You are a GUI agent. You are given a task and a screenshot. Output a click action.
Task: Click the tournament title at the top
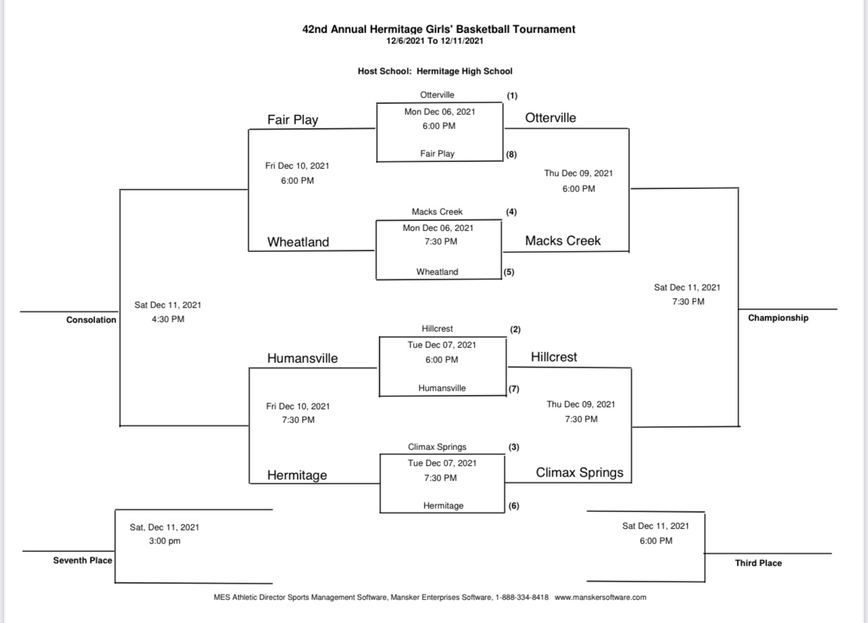tap(439, 29)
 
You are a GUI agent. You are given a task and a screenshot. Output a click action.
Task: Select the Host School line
tap(435, 71)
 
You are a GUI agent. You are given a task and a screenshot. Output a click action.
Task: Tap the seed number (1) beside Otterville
tap(512, 95)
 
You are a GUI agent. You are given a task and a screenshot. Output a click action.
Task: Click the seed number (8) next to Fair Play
tap(512, 154)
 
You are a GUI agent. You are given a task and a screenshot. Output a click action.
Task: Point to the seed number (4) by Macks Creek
tap(511, 211)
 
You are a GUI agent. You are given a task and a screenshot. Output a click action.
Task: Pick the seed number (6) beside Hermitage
tap(514, 505)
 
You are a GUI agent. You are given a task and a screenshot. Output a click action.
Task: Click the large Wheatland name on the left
tap(298, 242)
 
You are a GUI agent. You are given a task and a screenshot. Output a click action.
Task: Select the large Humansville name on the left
tap(302, 358)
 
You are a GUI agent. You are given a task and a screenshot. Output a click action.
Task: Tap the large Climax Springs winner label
tap(579, 472)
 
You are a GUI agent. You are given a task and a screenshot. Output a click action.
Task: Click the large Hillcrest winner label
tap(554, 357)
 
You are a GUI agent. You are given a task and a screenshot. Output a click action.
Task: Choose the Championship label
tap(777, 318)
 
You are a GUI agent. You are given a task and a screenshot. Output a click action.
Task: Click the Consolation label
tap(91, 320)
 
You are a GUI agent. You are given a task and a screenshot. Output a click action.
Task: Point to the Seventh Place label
tap(82, 560)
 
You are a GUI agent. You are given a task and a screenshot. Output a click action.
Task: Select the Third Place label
tap(758, 563)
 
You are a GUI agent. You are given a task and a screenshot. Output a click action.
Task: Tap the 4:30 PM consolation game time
tap(168, 319)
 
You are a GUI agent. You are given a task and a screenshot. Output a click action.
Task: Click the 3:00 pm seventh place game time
tap(164, 541)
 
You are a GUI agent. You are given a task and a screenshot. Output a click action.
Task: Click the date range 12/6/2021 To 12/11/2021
tap(435, 41)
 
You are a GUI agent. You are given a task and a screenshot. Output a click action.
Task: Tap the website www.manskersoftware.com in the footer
tap(600, 597)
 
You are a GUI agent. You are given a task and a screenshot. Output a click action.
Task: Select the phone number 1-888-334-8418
tap(522, 597)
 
